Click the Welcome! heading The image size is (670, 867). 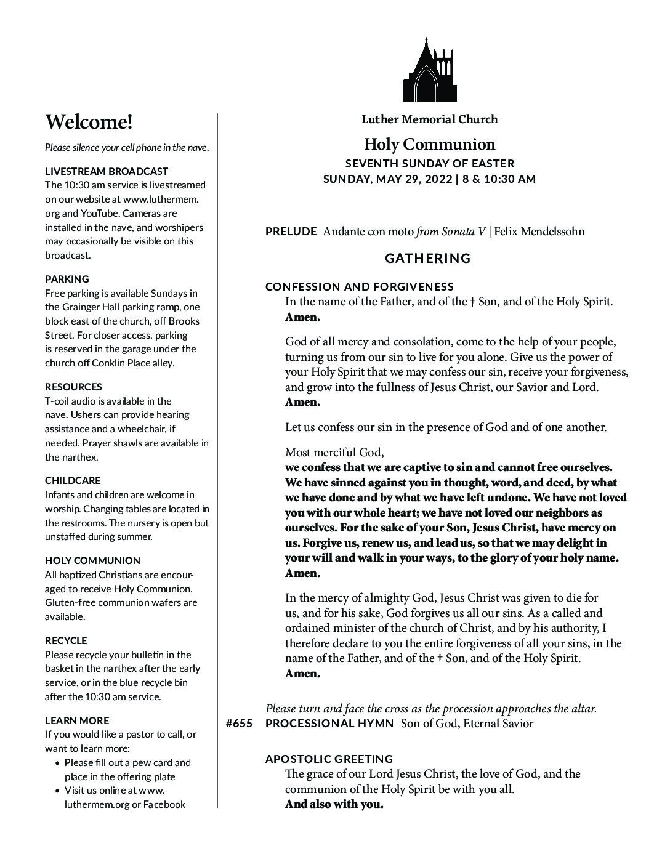[89, 122]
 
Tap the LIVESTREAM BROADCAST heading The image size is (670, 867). [107, 171]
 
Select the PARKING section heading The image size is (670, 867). [67, 279]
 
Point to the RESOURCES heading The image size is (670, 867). [74, 387]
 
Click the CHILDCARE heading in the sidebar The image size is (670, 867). [73, 480]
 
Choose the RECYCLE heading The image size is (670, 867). [66, 640]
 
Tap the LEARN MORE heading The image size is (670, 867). [77, 720]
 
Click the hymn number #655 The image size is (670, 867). [239, 724]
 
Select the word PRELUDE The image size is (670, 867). [291, 232]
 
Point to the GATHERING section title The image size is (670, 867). [428, 259]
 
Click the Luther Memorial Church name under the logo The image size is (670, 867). [429, 119]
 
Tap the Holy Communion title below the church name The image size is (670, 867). [429, 144]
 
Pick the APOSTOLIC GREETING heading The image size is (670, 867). [329, 759]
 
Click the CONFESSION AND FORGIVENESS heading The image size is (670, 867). [360, 286]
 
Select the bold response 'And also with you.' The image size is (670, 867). [334, 804]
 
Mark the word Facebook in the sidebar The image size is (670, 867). [164, 804]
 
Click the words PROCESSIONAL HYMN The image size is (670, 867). [329, 724]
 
